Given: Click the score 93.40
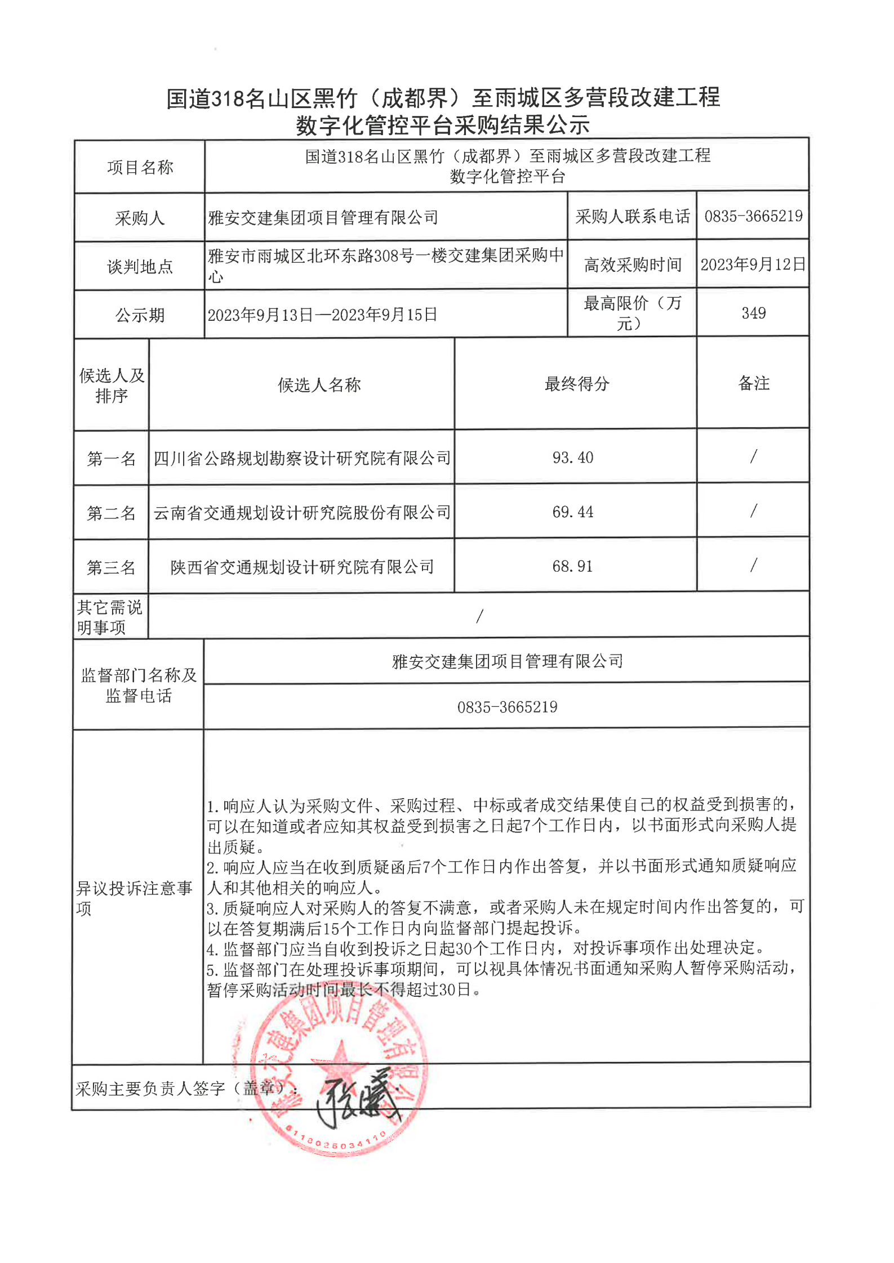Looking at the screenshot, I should tap(572, 458).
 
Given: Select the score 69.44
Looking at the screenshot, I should tap(572, 512).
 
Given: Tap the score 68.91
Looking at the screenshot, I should tap(572, 566).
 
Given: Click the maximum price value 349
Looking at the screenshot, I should tap(753, 313).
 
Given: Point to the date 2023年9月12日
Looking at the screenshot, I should tap(753, 265).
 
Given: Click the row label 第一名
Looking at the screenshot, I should tap(111, 459).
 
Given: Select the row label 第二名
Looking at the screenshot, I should tap(111, 513).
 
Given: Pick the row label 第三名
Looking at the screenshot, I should tap(111, 567).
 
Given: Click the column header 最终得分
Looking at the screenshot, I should tap(577, 384).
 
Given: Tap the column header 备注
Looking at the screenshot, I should tap(753, 383).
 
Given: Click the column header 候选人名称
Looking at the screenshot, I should tap(319, 385).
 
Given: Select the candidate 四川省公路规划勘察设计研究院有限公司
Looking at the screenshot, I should tap(302, 459).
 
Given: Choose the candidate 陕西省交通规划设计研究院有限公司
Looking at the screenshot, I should tap(302, 567).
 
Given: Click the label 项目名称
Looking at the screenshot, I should tap(140, 167).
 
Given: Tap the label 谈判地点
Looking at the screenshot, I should tap(140, 267).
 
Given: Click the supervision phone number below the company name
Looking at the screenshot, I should tap(507, 707).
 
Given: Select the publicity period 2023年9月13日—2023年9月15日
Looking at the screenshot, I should tap(322, 315).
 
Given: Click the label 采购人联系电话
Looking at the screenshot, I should tap(632, 217).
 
